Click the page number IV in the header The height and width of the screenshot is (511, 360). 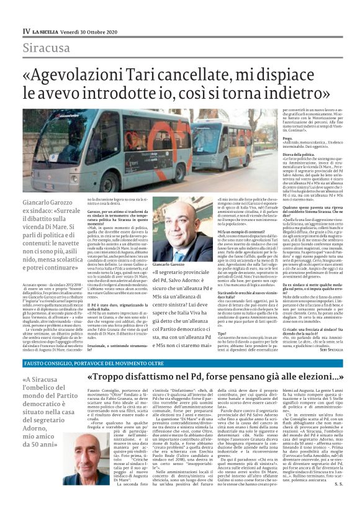[x=26, y=30]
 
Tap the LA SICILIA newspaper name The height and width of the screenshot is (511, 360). [x=51, y=30]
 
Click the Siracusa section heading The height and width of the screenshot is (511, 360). [x=47, y=47]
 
